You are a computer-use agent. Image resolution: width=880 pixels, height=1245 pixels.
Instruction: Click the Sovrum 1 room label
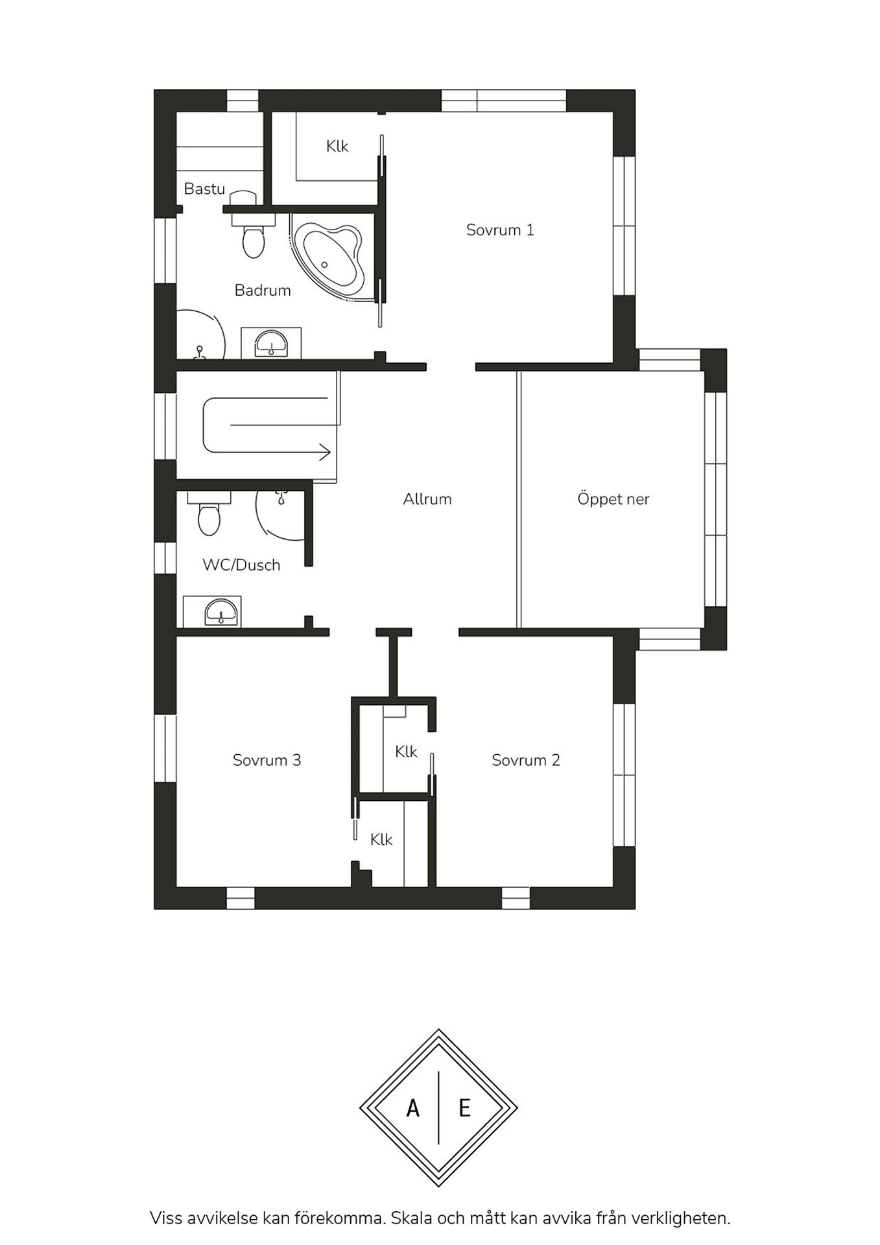point(500,230)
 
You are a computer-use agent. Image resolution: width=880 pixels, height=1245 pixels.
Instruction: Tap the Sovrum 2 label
point(525,760)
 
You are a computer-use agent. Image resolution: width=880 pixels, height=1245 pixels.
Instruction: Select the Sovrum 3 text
point(267,760)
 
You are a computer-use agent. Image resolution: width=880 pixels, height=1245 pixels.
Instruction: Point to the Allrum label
point(427,499)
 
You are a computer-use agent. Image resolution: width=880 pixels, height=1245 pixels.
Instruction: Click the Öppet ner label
point(613,499)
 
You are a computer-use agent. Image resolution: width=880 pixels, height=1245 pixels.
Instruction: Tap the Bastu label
point(204,189)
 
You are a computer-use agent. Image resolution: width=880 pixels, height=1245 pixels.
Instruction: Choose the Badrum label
point(263,290)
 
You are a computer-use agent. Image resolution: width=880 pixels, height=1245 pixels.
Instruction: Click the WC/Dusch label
point(241,565)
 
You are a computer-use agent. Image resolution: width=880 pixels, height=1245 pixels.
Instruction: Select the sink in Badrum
point(271,342)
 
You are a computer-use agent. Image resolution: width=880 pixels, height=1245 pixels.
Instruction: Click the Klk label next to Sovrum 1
point(337,147)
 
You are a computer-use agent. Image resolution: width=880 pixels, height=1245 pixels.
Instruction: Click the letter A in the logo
point(412,1108)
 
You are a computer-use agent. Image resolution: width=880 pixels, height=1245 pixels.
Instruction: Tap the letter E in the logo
point(464,1108)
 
